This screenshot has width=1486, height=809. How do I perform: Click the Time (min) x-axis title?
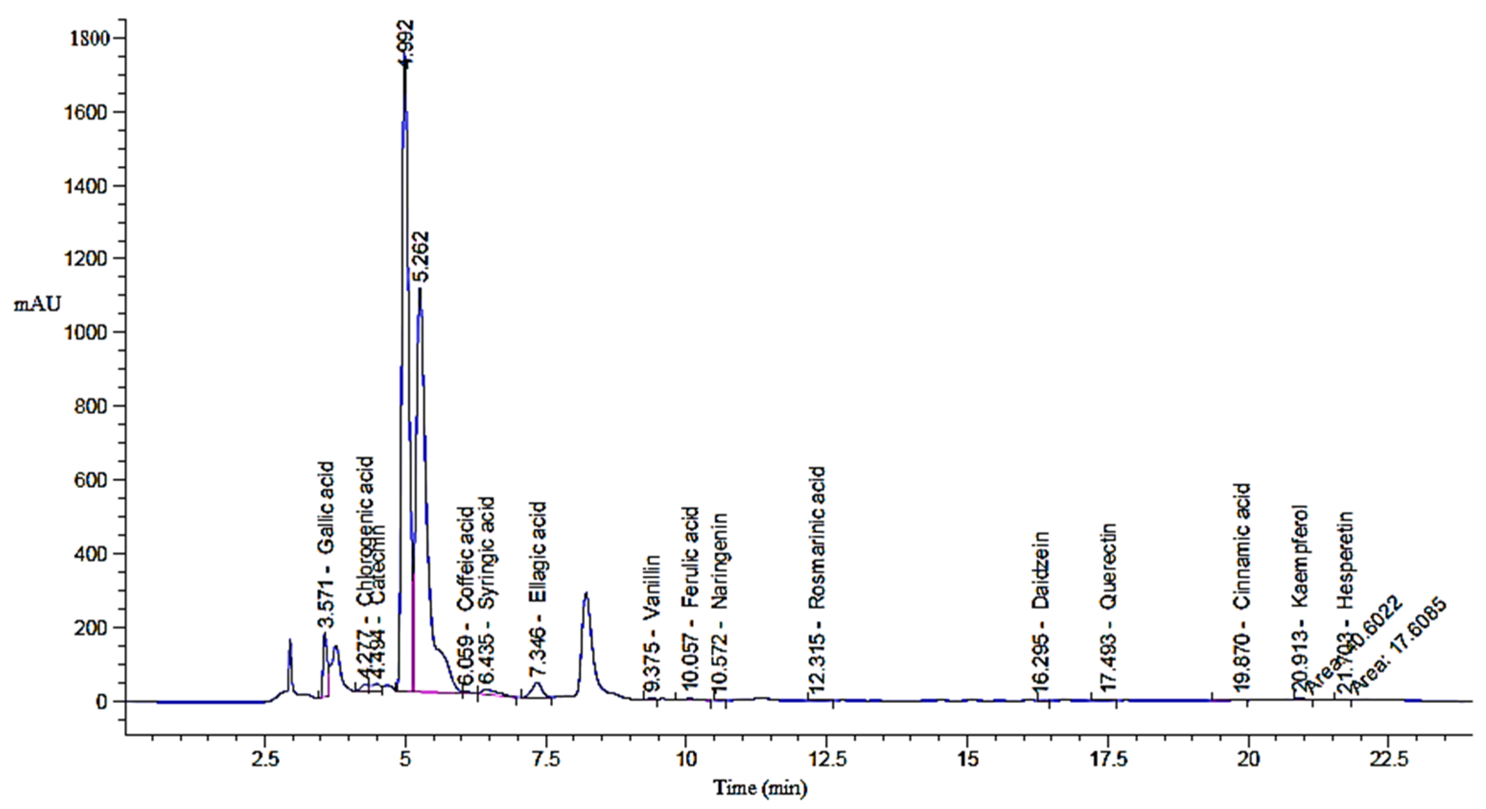click(760, 788)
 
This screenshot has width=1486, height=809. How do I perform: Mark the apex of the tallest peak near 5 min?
click(405, 65)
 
